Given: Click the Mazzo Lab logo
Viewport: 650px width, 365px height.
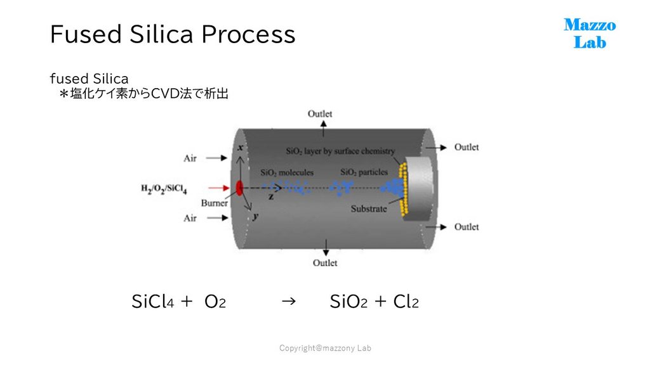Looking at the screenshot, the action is coord(590,34).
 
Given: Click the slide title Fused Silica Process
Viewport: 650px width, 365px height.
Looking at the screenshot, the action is coord(173,34).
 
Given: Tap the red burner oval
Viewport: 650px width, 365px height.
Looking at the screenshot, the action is coord(239,188).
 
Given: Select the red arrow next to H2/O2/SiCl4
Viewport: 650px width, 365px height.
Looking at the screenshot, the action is coord(218,188).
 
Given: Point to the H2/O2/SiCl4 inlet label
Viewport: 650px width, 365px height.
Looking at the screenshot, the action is coord(164,189).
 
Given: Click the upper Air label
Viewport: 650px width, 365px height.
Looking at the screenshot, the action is coord(190,158).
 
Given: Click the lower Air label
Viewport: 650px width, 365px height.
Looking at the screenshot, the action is coord(190,218).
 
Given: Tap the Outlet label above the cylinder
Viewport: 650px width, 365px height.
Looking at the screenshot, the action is coord(320,114).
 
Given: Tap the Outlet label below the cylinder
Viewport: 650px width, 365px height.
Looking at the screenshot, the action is coord(325,263).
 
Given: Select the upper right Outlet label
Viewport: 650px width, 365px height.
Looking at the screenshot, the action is coord(467,147).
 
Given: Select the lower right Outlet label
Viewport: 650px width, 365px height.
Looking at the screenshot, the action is coord(467,227).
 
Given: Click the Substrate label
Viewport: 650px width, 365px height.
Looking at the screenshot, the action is coord(369,208).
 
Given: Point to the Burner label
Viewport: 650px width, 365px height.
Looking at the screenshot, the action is coord(215,203).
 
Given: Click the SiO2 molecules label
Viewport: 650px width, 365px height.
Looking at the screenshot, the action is coord(287,172).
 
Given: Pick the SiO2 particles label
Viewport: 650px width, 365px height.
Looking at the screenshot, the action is coord(364,172).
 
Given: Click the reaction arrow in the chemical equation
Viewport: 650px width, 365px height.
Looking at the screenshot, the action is coord(289,301).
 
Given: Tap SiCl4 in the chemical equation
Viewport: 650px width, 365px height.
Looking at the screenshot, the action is coord(152,301).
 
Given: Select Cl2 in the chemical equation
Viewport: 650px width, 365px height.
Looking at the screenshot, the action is coord(406,301).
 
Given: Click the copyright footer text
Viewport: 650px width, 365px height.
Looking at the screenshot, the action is coord(325,348).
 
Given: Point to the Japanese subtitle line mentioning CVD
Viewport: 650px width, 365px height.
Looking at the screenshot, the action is coord(144,94).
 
